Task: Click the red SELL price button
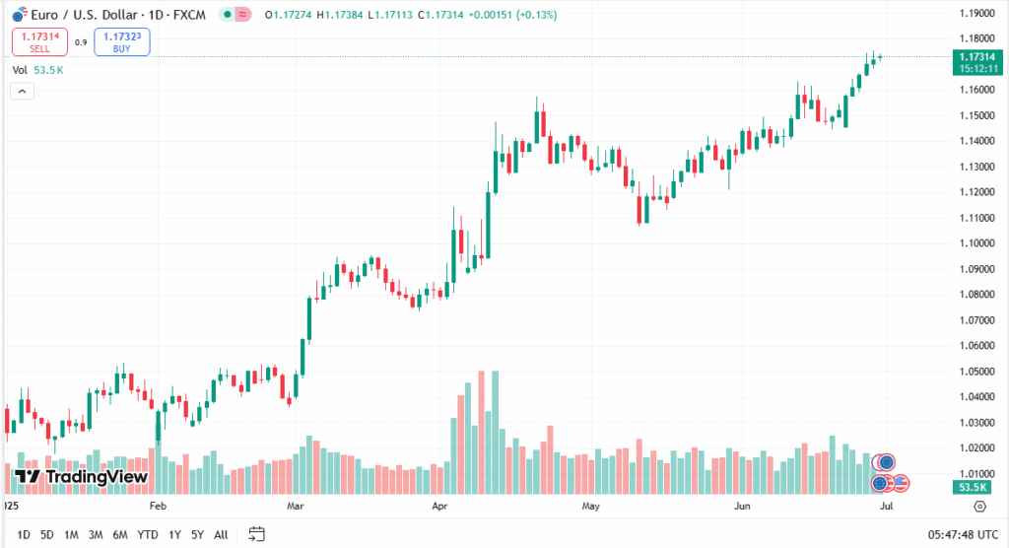point(40,41)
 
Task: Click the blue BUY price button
point(122,41)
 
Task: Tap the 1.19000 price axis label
point(977,14)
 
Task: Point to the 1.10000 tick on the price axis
point(977,243)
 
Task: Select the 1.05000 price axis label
point(977,372)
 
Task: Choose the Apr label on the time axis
point(440,506)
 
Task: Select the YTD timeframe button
point(148,535)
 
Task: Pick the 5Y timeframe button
point(198,535)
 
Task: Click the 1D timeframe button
point(24,535)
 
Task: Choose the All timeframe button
point(221,535)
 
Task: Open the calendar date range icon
point(256,534)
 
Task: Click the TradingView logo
point(81,477)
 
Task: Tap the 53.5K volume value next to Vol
point(48,70)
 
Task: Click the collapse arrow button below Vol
point(23,91)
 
